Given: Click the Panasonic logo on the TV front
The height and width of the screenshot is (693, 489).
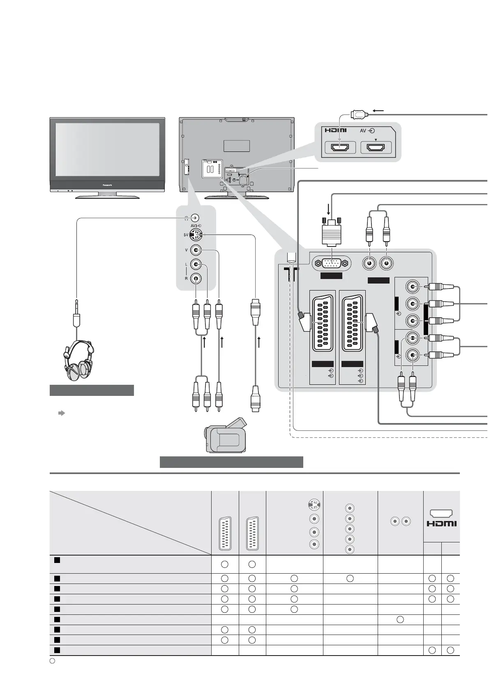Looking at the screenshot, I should [107, 185].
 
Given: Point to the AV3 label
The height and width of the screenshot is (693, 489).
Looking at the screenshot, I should [196, 226].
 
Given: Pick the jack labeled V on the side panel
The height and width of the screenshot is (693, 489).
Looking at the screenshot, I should [196, 250].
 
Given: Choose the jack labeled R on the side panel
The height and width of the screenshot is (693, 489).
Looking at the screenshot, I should [196, 278].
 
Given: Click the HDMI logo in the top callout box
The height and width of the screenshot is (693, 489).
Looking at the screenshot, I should [336, 131].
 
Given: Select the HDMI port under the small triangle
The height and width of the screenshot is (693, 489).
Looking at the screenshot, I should [376, 147].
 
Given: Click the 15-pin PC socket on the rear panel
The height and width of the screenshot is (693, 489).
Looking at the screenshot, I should [332, 263].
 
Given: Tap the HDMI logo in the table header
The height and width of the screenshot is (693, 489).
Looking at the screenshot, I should [441, 523].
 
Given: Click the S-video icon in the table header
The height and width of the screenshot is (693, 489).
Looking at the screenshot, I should [314, 505].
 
